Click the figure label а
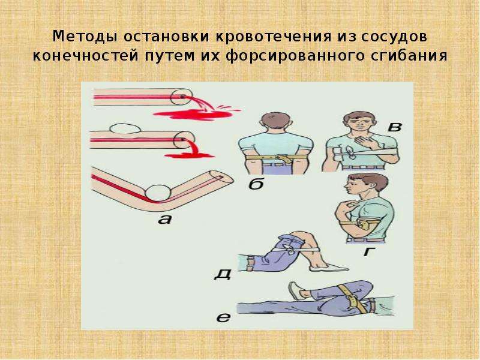click(x=165, y=218)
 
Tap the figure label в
click(x=394, y=127)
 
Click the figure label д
click(x=223, y=274)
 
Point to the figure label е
click(x=223, y=318)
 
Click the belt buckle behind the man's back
click(x=283, y=158)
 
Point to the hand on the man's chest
click(x=366, y=142)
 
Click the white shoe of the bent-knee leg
click(x=329, y=268)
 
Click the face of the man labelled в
click(x=358, y=125)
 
